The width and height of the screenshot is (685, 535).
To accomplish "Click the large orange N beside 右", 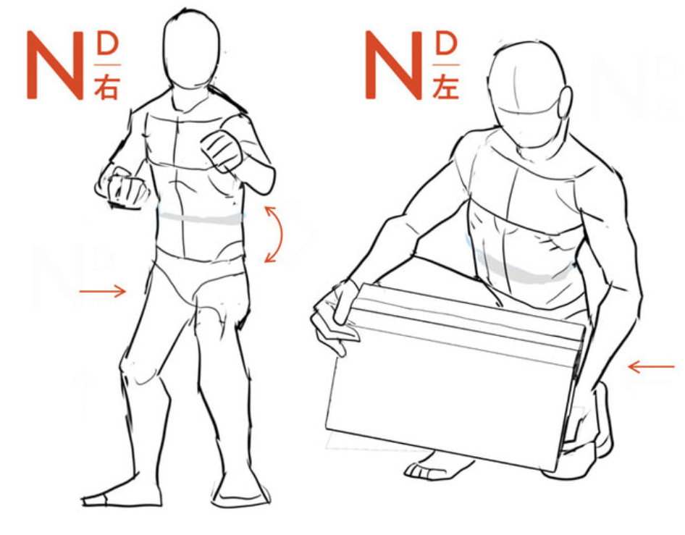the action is tap(55, 65).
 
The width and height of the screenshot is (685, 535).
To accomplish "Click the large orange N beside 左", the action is tap(394, 65).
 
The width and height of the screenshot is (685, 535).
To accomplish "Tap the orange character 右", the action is tap(106, 87).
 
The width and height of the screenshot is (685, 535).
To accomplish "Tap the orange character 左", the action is tap(445, 87).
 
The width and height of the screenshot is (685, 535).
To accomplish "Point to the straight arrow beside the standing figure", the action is tap(103, 291).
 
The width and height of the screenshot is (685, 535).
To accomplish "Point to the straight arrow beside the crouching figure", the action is tap(651, 366).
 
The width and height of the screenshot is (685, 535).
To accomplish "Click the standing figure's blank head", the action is tap(191, 49).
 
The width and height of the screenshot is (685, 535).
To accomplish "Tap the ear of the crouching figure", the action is tap(566, 102).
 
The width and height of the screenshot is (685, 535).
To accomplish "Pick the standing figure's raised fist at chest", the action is tap(222, 151).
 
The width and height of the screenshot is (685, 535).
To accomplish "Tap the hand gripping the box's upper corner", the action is tap(335, 316).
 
